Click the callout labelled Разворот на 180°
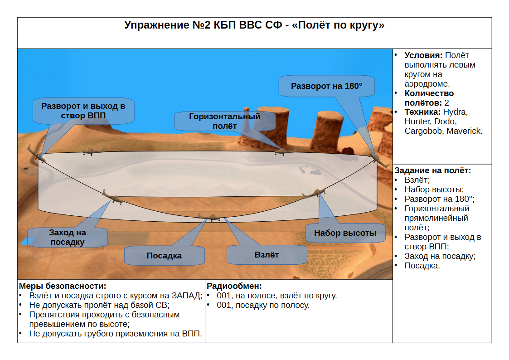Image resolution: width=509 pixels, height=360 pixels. [x=326, y=86]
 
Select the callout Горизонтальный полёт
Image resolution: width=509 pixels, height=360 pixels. [x=225, y=121]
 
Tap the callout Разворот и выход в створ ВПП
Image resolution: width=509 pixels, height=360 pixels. [x=83, y=111]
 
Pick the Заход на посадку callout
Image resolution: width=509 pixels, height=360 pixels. [x=68, y=237]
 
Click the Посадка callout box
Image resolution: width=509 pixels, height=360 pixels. [x=164, y=255]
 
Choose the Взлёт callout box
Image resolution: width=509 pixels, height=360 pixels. [x=267, y=255]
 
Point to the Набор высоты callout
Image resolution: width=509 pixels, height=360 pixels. [x=345, y=233]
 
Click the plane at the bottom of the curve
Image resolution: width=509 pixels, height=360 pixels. [x=210, y=217]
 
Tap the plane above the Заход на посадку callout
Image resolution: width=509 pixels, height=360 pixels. [x=113, y=197]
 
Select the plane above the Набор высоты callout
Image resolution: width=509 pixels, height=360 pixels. [x=314, y=193]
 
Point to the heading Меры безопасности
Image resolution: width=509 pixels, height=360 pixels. [x=63, y=286]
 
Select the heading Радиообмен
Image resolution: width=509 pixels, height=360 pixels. [x=234, y=286]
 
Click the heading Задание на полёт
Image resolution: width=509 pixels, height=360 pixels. [x=432, y=170]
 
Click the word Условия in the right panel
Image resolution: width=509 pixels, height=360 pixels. [x=423, y=55]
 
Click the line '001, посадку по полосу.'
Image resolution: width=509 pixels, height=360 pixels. [x=263, y=305]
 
